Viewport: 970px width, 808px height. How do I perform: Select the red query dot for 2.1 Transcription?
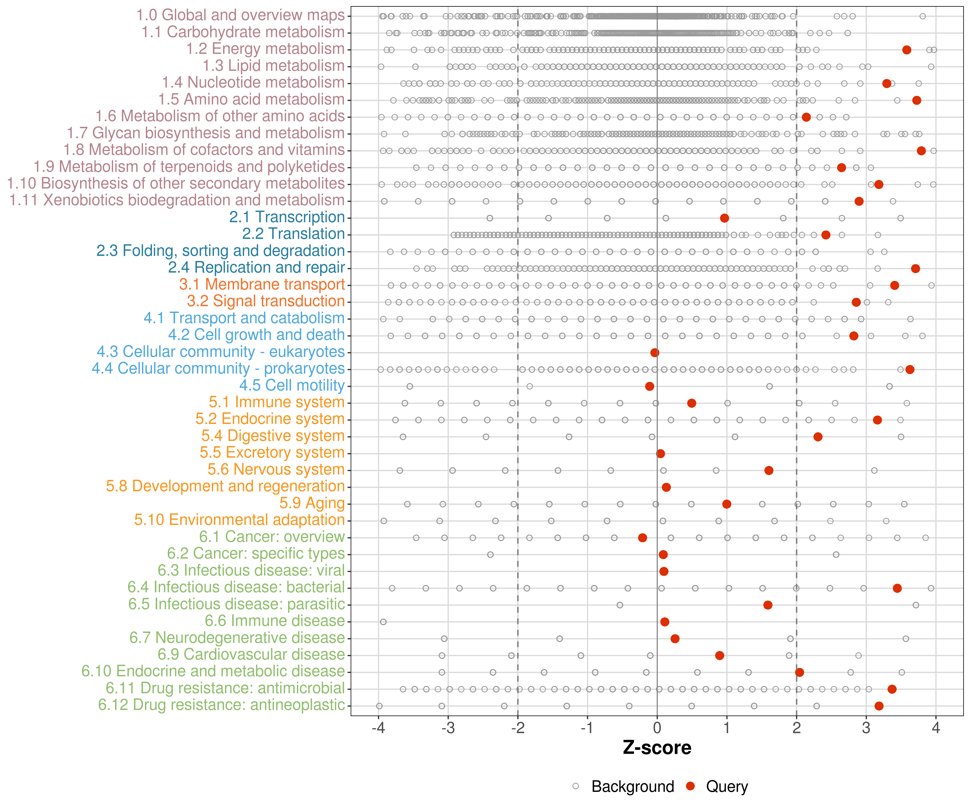click(724, 218)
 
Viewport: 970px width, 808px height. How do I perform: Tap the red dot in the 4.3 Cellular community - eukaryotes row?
click(654, 353)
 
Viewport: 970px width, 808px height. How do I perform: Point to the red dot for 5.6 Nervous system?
click(769, 471)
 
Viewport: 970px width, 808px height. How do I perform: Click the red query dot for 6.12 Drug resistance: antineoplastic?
click(879, 706)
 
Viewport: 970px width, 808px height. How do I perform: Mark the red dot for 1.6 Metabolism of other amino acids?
click(806, 117)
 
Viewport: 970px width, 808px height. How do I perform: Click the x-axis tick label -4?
click(378, 729)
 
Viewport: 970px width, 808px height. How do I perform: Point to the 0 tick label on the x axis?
click(657, 729)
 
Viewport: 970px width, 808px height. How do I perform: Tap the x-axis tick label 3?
click(866, 729)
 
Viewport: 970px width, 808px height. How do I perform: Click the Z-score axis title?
click(657, 748)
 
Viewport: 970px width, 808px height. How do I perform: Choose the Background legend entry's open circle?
click(576, 786)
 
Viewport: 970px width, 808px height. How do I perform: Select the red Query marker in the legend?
click(691, 786)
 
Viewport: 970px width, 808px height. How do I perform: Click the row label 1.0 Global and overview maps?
click(240, 15)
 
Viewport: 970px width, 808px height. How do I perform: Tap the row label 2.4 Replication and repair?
click(256, 267)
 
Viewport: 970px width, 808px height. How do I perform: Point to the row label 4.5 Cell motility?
click(292, 385)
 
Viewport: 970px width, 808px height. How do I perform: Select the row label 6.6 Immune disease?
click(275, 621)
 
